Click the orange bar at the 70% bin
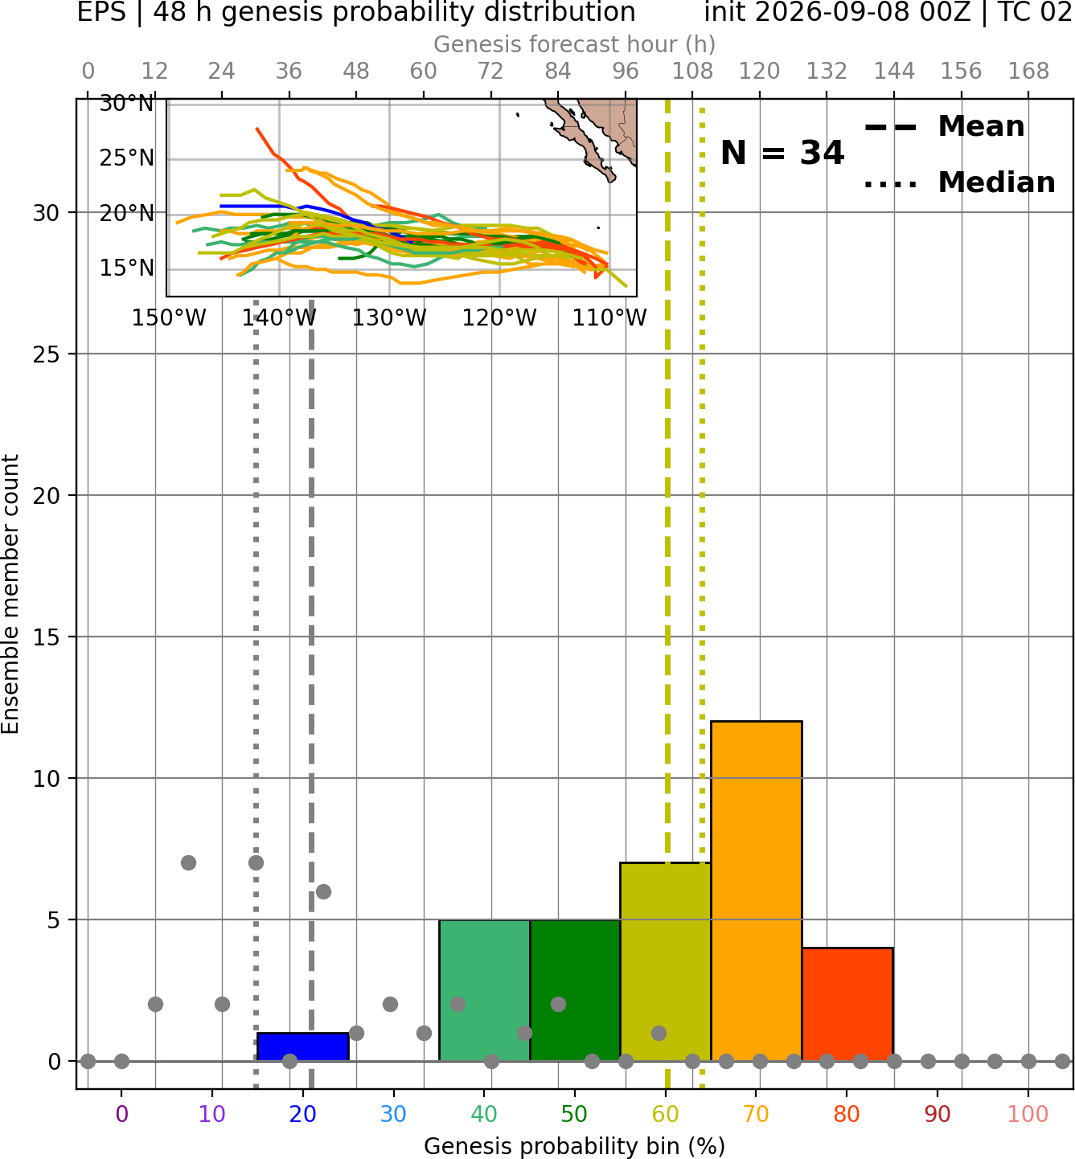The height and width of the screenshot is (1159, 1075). (x=756, y=891)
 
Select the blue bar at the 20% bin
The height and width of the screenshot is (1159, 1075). (x=303, y=1046)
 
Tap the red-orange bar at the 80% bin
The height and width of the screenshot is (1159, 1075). (x=847, y=1004)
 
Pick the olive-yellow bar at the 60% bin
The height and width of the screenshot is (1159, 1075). (x=666, y=961)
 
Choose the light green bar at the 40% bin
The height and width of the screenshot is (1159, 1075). (x=485, y=989)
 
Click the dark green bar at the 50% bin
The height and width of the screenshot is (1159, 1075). (x=575, y=989)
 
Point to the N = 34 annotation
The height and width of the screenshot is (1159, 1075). (x=782, y=153)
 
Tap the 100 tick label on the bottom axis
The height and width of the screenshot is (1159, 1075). (x=1028, y=1113)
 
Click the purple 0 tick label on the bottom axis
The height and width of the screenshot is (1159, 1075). (x=121, y=1113)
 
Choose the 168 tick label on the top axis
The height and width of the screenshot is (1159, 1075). (x=1028, y=72)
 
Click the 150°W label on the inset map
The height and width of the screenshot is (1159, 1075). (x=169, y=318)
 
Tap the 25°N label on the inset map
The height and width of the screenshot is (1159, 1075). (x=127, y=158)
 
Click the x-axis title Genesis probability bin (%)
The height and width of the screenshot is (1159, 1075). (x=575, y=1145)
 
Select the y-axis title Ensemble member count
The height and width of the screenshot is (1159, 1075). (x=10, y=594)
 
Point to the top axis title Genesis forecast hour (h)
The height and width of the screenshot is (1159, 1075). (x=575, y=44)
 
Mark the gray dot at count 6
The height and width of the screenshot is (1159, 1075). (x=323, y=891)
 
